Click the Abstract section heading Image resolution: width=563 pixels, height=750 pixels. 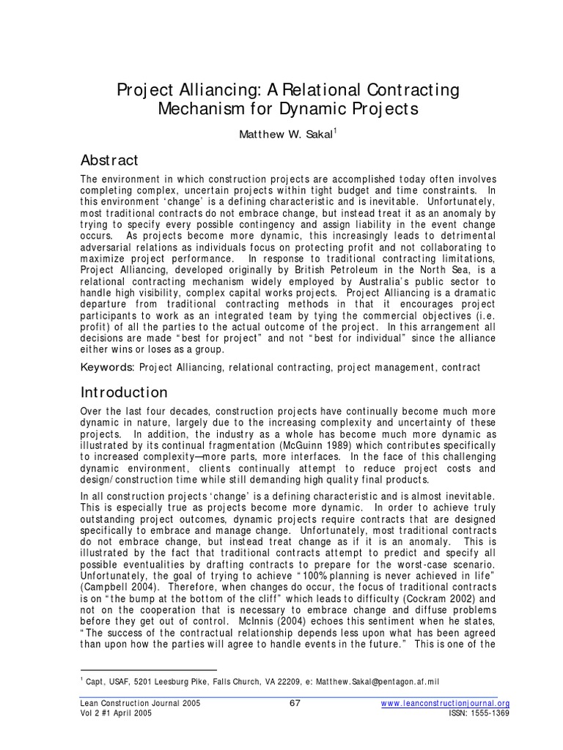point(108,160)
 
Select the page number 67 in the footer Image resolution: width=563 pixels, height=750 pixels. point(295,704)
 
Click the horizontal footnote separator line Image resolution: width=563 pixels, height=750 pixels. point(147,670)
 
